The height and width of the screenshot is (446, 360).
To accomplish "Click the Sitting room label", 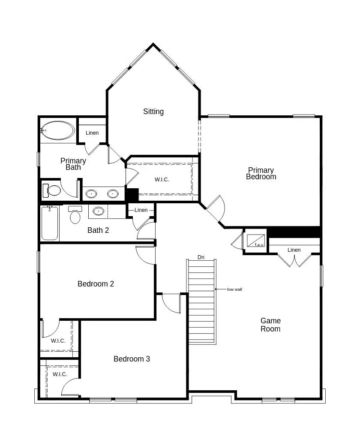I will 153,111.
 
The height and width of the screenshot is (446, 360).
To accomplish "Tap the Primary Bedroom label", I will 261,173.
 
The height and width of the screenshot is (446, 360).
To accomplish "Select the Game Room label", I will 271,325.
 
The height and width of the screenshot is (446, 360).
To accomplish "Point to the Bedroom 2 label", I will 96,284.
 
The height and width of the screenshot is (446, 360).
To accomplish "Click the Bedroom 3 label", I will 132,359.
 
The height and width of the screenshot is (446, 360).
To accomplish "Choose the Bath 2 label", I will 98,230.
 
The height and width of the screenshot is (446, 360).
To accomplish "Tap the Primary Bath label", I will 73,164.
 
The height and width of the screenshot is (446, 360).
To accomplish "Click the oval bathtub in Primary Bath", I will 58,130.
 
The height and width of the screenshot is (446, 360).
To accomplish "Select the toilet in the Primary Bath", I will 53,190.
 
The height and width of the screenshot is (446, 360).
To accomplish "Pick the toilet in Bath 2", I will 75,215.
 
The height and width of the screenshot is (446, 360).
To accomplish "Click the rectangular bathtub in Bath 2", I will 50,223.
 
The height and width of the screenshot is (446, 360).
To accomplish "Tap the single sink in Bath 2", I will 99,211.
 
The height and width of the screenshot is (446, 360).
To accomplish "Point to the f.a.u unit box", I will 255,241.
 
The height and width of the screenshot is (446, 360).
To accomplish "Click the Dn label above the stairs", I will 201,257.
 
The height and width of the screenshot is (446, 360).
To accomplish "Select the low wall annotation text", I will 234,289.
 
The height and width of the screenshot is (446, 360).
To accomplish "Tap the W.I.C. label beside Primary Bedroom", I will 162,180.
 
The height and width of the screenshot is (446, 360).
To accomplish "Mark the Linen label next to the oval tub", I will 92,133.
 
